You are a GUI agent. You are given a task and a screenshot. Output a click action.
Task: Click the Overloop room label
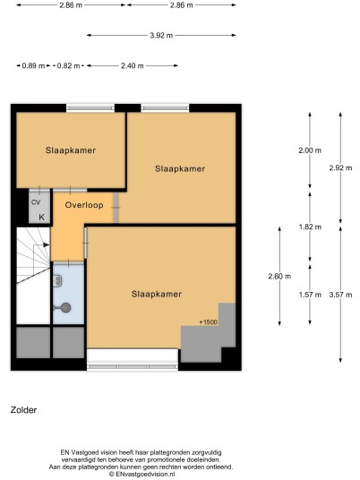tap(84, 205)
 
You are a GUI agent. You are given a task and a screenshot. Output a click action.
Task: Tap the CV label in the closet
tap(36, 202)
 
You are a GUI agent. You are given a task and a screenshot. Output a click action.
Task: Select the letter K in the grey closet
tap(41, 217)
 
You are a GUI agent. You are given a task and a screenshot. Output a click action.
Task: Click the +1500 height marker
tap(208, 322)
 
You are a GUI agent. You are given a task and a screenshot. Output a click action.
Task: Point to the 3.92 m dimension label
tap(161, 36)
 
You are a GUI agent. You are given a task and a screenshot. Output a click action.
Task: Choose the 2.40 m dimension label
tap(133, 65)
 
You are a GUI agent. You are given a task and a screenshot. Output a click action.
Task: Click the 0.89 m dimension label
tap(33, 65)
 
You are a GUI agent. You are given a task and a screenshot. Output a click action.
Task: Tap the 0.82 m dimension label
tap(68, 65)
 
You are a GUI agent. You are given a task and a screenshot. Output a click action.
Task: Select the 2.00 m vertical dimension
tap(310, 150)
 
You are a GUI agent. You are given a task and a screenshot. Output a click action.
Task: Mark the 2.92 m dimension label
tap(340, 167)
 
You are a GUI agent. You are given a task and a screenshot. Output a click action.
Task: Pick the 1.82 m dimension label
tap(310, 227)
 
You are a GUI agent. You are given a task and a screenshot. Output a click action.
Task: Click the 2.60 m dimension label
tap(279, 276)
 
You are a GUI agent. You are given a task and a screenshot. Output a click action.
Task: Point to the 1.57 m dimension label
tap(310, 295)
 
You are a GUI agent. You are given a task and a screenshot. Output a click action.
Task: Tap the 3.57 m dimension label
tap(340, 295)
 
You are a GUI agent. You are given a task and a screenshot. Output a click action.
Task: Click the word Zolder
tap(23, 410)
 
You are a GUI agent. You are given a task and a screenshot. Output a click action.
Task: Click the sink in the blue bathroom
tap(57, 281)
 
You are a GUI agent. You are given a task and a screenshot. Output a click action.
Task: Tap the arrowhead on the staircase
tap(47, 244)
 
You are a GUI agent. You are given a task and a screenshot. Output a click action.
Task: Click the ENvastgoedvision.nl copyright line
tap(142, 474)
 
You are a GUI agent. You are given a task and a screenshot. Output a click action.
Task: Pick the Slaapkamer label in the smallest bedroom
tap(71, 150)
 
